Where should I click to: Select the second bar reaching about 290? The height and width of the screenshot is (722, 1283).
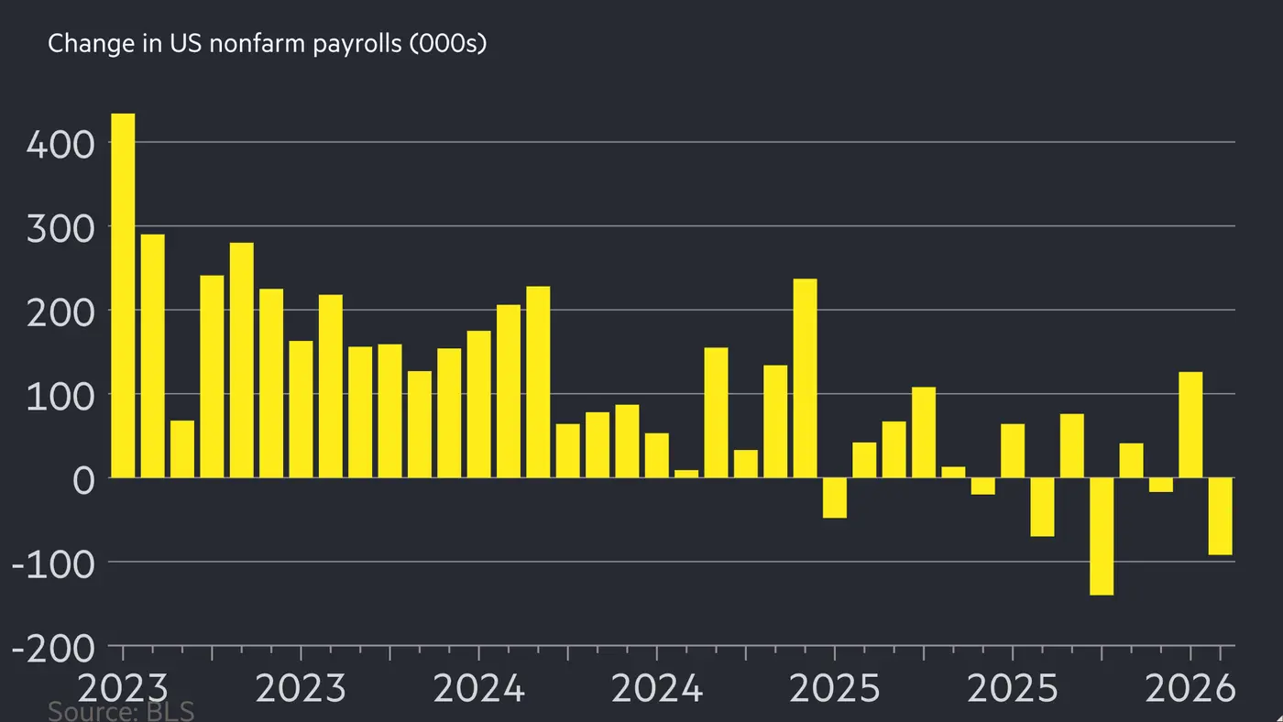pyautogui.click(x=152, y=356)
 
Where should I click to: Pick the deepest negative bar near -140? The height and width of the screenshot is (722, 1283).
pyautogui.click(x=1102, y=536)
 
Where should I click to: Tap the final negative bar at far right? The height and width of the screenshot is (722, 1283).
pyautogui.click(x=1220, y=516)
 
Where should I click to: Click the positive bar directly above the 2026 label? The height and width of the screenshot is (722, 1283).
pyautogui.click(x=1190, y=424)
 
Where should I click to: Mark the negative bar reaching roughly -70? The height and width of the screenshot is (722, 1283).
pyautogui.click(x=1042, y=507)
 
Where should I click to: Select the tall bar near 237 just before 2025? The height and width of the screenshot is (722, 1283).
pyautogui.click(x=805, y=377)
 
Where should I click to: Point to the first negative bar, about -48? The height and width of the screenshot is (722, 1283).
pyautogui.click(x=835, y=498)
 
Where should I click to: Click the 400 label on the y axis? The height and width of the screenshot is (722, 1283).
pyautogui.click(x=60, y=145)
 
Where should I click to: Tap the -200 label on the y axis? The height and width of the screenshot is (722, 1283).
pyautogui.click(x=53, y=649)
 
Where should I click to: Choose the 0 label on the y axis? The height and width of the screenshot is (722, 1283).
pyautogui.click(x=83, y=480)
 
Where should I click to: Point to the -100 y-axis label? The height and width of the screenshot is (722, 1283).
pyautogui.click(x=53, y=564)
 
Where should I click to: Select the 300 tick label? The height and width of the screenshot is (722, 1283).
pyautogui.click(x=60, y=228)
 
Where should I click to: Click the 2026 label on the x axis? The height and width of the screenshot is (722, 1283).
pyautogui.click(x=1190, y=687)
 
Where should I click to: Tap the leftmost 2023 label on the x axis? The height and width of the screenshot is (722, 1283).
pyautogui.click(x=123, y=687)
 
